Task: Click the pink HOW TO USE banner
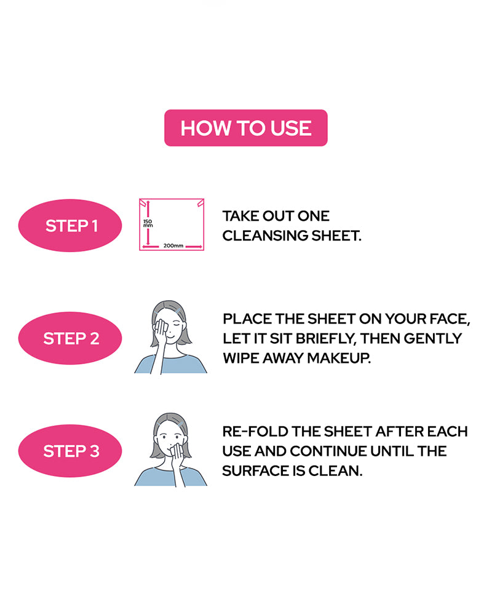click(x=245, y=128)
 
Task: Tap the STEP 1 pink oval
click(x=70, y=226)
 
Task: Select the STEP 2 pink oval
click(x=70, y=338)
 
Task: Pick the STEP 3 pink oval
click(x=70, y=451)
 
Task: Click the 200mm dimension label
click(x=173, y=245)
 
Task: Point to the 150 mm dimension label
click(x=148, y=224)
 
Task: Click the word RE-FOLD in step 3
click(x=255, y=432)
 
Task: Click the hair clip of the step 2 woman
click(x=178, y=312)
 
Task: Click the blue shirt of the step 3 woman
click(x=170, y=477)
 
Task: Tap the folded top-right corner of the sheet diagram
click(x=200, y=203)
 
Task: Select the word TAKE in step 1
click(x=240, y=216)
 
